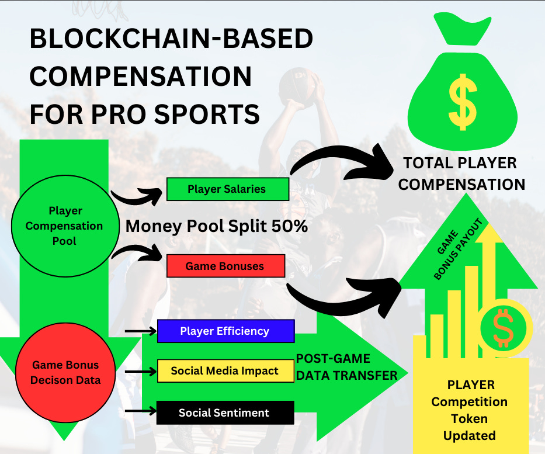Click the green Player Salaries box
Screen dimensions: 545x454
coord(227,189)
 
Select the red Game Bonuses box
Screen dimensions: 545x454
coord(225,266)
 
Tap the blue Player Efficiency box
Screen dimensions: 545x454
coord(225,331)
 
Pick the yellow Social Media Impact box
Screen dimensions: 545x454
coord(225,371)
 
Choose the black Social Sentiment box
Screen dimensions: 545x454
coord(225,413)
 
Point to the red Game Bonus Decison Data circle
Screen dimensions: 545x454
coord(65,373)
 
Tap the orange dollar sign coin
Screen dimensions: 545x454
coord(503,328)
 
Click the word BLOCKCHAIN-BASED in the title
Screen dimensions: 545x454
coord(171,40)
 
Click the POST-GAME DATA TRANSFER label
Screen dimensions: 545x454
coord(346,367)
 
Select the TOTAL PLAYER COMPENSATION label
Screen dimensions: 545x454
coord(461,174)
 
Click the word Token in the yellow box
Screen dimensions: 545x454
coord(469,418)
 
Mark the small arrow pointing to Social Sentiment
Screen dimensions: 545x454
coord(140,411)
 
